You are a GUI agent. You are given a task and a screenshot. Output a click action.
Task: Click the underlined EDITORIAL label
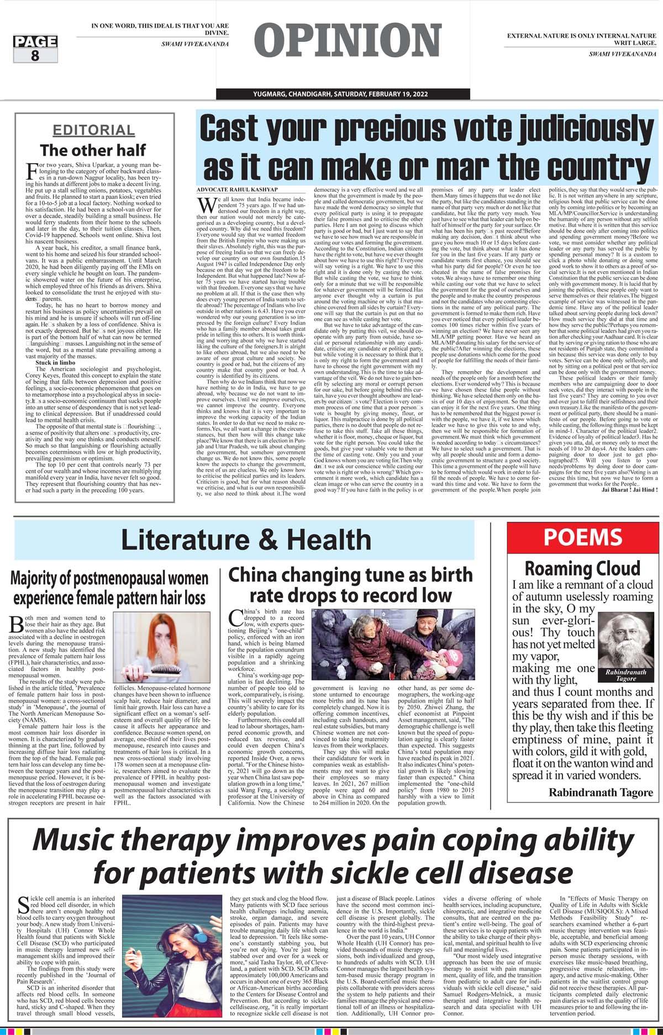pyautogui.click(x=93, y=130)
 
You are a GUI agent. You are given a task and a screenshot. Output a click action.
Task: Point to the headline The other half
pyautogui.click(x=93, y=150)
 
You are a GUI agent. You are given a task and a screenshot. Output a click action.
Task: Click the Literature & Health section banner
pyautogui.click(x=246, y=540)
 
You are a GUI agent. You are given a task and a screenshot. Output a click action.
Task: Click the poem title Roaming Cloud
pyautogui.click(x=582, y=568)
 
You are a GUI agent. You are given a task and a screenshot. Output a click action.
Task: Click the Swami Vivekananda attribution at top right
pyautogui.click(x=622, y=54)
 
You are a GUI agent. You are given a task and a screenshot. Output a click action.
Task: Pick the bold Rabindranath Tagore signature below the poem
pyautogui.click(x=601, y=793)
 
